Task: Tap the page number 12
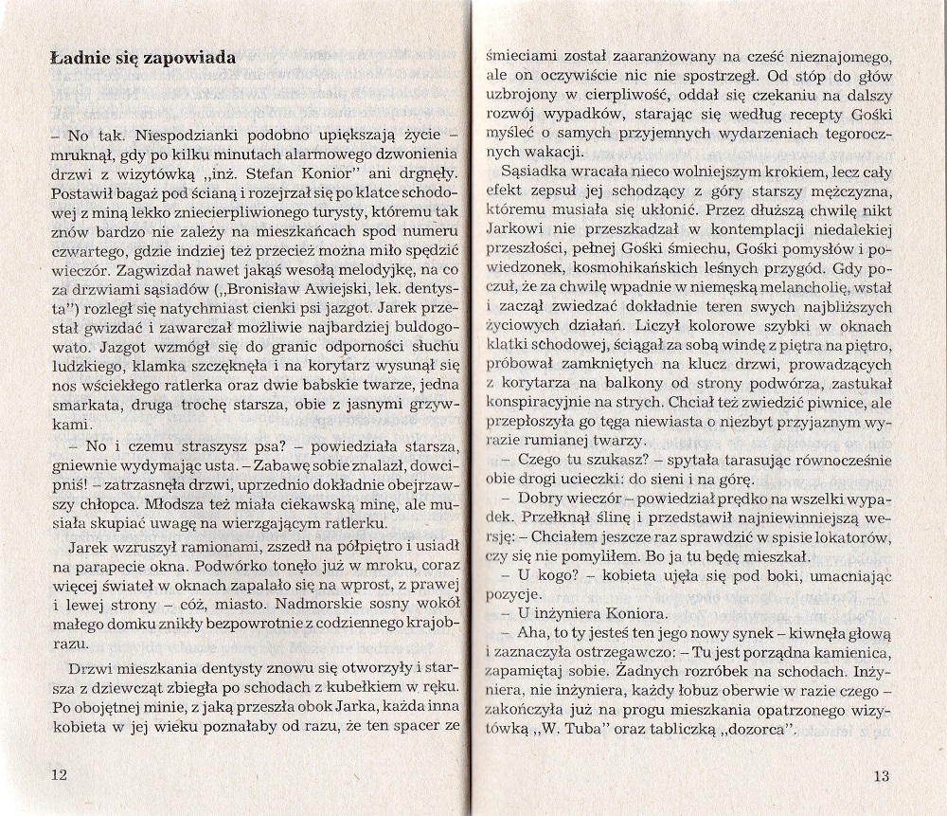pyautogui.click(x=59, y=775)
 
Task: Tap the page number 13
pyautogui.click(x=881, y=775)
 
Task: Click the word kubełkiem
pyautogui.click(x=353, y=684)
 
